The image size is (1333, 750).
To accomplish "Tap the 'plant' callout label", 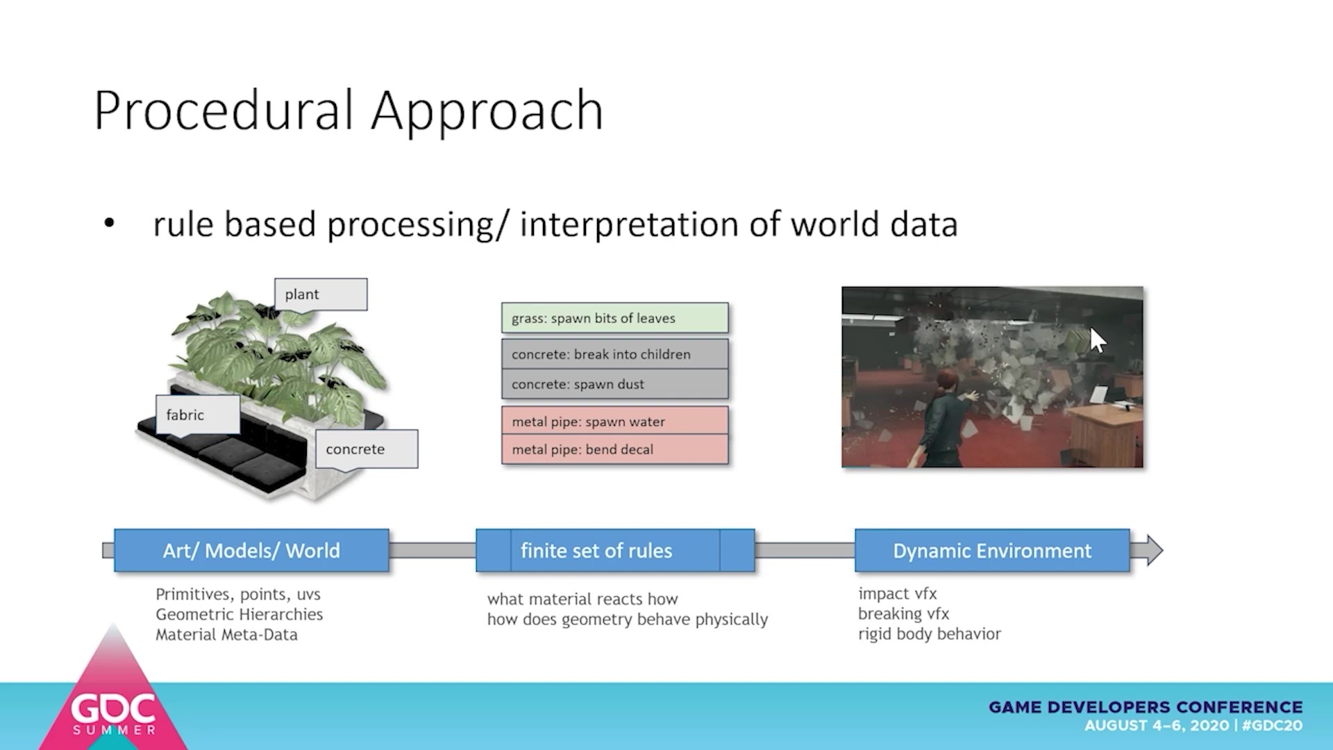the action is click(x=321, y=294).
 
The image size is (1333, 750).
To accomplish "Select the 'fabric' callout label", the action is click(x=198, y=415).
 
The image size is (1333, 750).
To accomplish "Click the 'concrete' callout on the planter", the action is click(x=367, y=449).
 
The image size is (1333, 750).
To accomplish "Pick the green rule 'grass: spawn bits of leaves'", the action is click(x=615, y=318).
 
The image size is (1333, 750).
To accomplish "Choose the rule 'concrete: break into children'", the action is click(x=615, y=354).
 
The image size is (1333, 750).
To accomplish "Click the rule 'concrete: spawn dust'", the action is click(x=615, y=384).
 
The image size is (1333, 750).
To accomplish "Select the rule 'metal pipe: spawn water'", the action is click(x=615, y=421).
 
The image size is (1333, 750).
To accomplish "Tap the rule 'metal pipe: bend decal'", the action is click(x=615, y=449).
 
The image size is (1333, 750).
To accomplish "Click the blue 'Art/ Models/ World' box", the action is click(x=251, y=551).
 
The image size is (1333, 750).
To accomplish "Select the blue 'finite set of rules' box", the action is click(x=615, y=551).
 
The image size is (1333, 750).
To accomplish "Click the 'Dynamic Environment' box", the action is click(x=992, y=551).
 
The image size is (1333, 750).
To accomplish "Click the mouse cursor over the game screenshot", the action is click(x=1098, y=340).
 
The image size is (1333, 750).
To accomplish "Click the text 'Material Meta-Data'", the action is click(x=226, y=635).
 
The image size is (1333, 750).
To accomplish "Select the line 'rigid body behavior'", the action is click(x=930, y=634).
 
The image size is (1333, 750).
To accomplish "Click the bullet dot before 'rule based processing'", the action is click(x=109, y=224).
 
